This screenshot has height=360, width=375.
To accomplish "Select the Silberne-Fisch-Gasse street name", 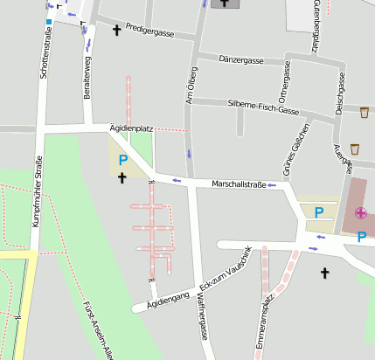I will (263, 108).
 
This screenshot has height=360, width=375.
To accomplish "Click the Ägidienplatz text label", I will (131, 128).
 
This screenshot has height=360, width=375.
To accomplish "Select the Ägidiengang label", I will (169, 301).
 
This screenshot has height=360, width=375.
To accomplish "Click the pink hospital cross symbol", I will (360, 212).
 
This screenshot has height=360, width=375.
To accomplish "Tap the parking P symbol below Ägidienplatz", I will (123, 160).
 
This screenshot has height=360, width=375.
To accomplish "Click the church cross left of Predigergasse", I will (117, 31).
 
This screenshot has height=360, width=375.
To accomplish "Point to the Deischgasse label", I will (340, 93).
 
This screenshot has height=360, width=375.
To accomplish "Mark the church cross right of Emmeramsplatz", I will (325, 273).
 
